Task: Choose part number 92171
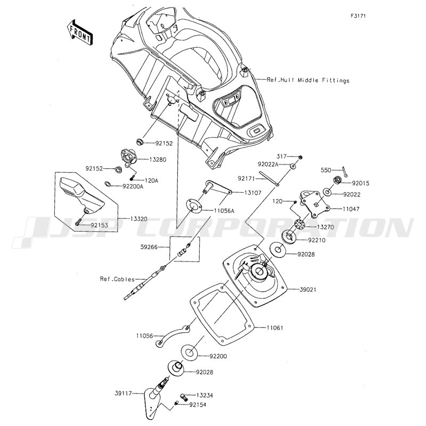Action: coord(248,179)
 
